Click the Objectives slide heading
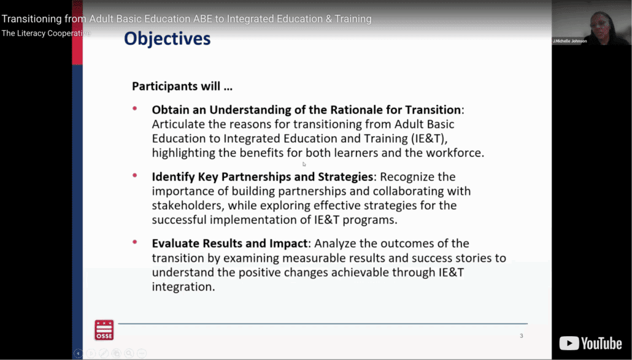(167, 39)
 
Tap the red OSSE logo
(104, 330)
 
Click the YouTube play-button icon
(569, 343)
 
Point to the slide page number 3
(521, 335)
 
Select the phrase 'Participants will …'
(182, 86)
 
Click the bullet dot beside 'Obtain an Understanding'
(134, 109)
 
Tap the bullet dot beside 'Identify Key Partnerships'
(134, 175)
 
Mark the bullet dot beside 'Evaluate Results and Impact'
(134, 242)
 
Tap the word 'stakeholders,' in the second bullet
(188, 205)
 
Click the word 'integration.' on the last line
(183, 286)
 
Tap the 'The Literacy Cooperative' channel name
(46, 33)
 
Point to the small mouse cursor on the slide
(304, 164)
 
